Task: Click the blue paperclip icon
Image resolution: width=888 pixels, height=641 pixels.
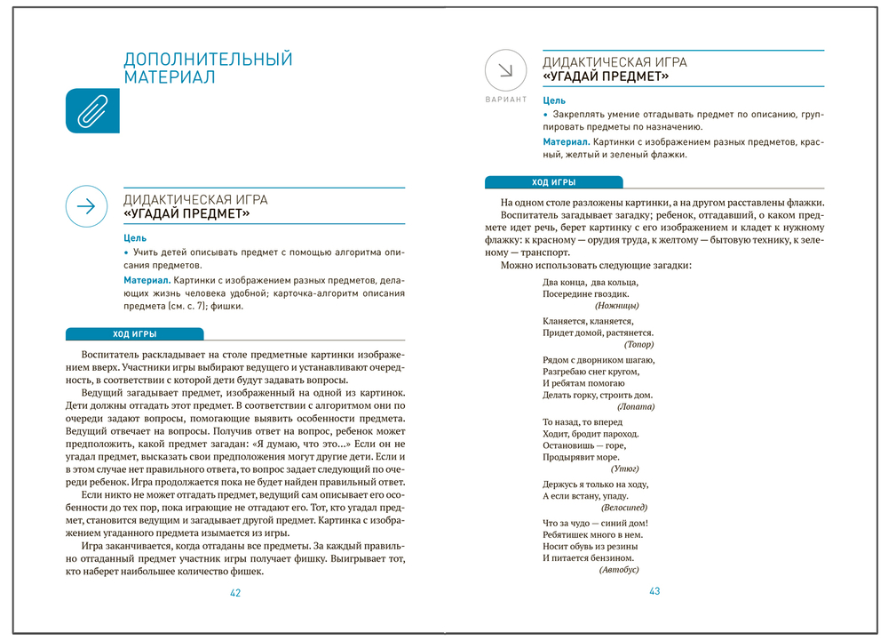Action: tap(92, 111)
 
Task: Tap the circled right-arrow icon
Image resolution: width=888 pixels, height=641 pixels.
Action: tap(86, 206)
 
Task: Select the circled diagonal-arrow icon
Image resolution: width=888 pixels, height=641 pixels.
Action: tap(505, 70)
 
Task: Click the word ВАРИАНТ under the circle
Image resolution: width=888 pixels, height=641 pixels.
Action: tap(505, 100)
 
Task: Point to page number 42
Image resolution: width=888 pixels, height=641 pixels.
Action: tap(235, 593)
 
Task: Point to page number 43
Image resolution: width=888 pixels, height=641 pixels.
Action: tap(654, 591)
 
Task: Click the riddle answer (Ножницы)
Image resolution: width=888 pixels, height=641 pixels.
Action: tap(617, 305)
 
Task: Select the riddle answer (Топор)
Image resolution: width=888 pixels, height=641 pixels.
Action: tap(638, 344)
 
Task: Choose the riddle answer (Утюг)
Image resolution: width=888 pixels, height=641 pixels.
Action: tap(625, 469)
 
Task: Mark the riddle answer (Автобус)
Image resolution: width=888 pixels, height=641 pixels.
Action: tap(619, 569)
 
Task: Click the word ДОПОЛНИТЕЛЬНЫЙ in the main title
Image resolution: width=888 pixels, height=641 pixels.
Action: tap(208, 60)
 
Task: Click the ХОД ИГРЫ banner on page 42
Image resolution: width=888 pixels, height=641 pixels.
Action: tap(135, 334)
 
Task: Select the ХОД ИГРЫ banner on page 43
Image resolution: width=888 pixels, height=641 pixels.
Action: tap(553, 182)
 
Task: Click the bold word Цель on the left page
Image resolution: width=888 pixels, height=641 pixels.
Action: tap(136, 238)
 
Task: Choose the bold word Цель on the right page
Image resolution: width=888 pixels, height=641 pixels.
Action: tap(554, 101)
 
